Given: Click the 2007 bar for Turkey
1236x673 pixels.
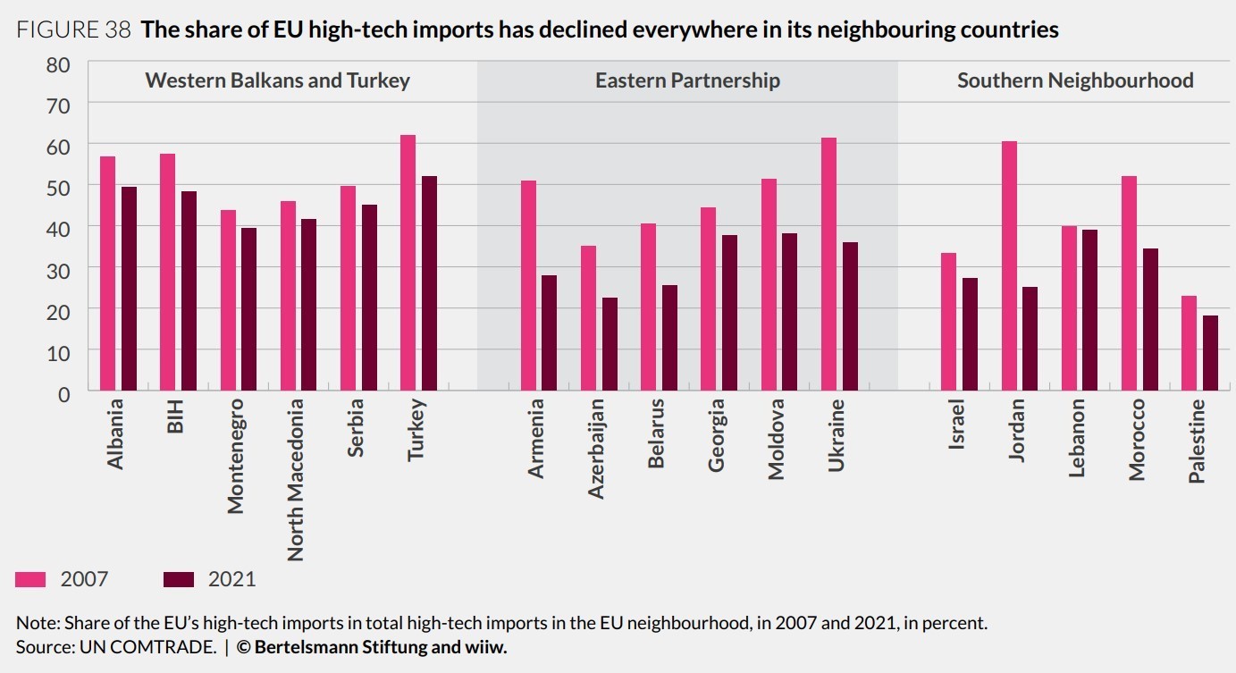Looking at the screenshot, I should tap(408, 263).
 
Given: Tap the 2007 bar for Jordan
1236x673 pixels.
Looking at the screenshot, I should tap(1009, 265).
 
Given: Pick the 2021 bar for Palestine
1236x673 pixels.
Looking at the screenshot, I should tap(1210, 353).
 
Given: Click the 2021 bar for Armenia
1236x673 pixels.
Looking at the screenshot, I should tap(550, 332).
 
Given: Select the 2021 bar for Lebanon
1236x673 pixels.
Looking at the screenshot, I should tap(1090, 310).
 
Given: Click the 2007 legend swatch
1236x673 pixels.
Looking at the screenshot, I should tap(30, 579).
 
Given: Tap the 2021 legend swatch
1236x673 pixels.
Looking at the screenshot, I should tap(179, 579).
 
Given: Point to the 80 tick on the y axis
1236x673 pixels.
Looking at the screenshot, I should tap(58, 65).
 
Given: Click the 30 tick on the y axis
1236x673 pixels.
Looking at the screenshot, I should tap(58, 269).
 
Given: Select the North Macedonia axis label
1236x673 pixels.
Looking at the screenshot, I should tap(295, 479).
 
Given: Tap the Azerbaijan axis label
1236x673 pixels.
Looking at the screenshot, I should tap(596, 447).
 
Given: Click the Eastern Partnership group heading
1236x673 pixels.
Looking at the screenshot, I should tap(687, 80).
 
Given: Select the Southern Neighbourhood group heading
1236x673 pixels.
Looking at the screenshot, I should tap(1075, 80).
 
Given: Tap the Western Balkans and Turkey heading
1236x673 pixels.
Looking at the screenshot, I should tap(277, 80).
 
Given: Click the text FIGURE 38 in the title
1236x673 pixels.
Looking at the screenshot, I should tap(74, 30).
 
